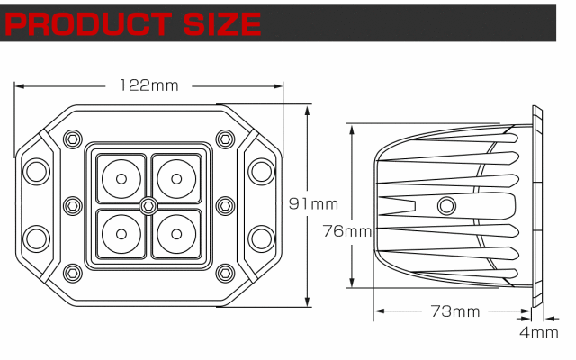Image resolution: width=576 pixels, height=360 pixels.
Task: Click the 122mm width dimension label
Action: [x=149, y=86]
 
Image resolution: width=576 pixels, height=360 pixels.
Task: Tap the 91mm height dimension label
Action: [x=313, y=204]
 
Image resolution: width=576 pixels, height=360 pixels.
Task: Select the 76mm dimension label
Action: [x=347, y=231]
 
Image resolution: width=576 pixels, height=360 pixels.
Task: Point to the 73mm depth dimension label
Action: [x=455, y=311]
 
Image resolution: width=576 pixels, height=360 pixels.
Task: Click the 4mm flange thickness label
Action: [x=539, y=333]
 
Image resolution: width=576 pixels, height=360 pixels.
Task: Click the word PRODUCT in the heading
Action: [x=88, y=24]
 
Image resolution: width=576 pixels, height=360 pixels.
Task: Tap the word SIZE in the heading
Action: [x=222, y=24]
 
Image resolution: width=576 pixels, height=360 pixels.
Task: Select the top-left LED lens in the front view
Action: [x=121, y=179]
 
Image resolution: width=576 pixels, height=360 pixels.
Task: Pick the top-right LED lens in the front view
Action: [x=176, y=179]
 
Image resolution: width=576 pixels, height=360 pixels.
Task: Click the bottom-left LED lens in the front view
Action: [x=121, y=234]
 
